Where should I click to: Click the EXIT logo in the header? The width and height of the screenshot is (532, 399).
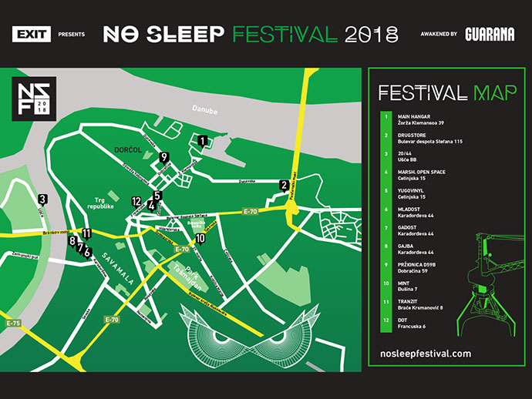pos(32,34)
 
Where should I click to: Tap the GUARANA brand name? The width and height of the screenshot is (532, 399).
pos(490,34)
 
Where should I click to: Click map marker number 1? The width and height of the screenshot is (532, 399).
pos(202,141)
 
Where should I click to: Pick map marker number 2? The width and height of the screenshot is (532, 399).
pos(285,185)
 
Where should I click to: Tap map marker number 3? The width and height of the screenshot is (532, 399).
pos(42,199)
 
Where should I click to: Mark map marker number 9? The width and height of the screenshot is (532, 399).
pos(164,156)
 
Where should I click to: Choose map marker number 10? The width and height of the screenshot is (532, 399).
pos(200,239)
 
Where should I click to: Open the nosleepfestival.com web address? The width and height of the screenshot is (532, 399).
pos(426,353)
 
